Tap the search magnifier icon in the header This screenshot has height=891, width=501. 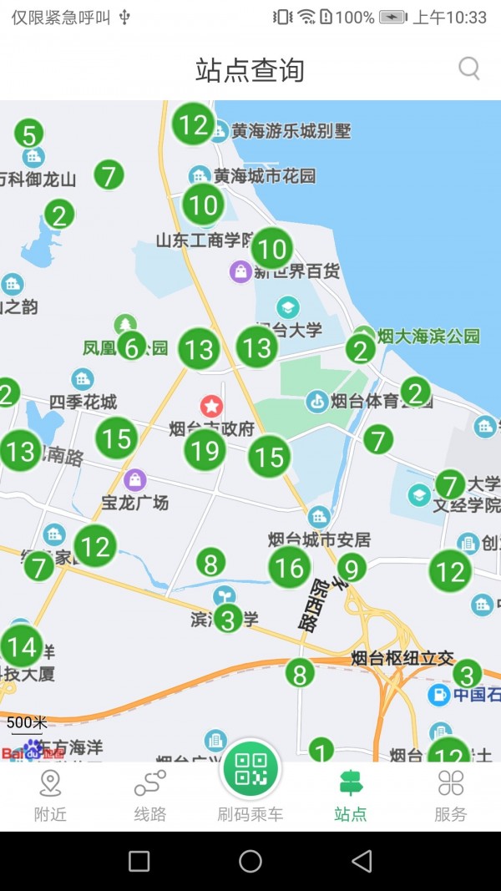469,68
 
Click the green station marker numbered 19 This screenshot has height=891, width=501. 205,451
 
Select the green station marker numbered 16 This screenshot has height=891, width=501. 289,568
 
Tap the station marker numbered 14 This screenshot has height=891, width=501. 22,646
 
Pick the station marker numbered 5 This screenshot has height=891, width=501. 29,134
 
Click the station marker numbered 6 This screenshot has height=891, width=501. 131,346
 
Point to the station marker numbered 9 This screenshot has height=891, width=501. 352,569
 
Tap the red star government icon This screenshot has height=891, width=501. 211,407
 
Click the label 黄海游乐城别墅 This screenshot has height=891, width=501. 291,131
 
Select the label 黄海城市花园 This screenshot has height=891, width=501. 265,176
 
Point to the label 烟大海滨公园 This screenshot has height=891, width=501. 428,337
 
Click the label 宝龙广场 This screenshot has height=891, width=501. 135,503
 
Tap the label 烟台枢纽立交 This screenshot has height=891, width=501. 402,658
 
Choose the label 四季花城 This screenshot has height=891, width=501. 83,402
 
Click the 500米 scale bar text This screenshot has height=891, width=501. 27,722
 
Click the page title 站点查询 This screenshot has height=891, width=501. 250,70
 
